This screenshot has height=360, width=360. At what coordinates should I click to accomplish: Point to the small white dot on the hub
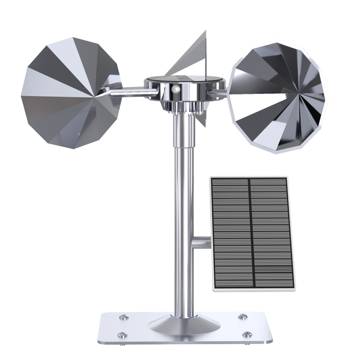coord(175,89)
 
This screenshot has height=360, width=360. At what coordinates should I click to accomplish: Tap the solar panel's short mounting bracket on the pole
coord(201,242)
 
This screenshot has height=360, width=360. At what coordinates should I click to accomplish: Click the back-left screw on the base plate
coord(125,317)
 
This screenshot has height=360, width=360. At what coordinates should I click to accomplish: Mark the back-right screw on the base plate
coord(242,317)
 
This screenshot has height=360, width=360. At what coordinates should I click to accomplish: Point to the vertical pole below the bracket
coord(183,281)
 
